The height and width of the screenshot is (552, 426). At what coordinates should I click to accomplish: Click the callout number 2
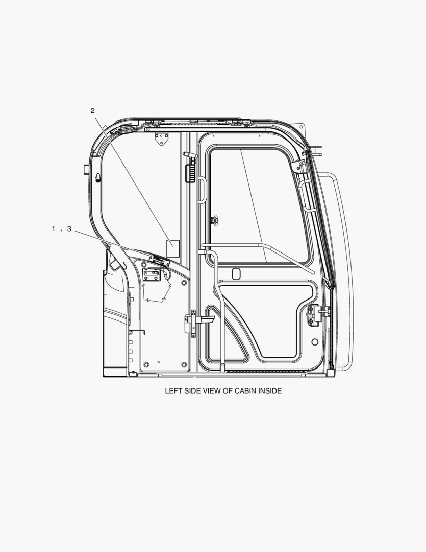point(92,111)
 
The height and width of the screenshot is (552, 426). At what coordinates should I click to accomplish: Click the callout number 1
point(54,229)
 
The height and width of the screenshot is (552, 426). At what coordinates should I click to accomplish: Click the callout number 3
point(69,229)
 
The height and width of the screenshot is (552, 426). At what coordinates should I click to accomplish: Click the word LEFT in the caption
point(173,391)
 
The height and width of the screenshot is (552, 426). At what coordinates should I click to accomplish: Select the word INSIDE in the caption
point(270,391)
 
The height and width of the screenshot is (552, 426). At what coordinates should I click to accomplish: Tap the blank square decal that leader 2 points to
point(172,248)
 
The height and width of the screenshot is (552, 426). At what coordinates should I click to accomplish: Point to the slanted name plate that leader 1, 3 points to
point(159,261)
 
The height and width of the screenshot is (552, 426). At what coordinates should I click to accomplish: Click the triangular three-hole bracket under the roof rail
point(161,138)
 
